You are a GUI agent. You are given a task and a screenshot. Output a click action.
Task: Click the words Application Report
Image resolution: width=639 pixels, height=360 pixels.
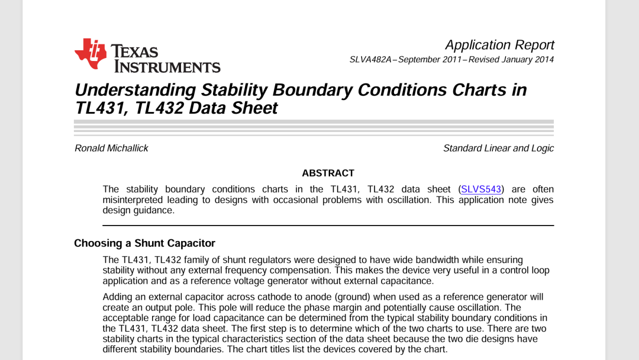(499, 45)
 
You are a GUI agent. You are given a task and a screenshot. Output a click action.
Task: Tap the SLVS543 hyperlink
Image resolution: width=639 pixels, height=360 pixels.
(481, 189)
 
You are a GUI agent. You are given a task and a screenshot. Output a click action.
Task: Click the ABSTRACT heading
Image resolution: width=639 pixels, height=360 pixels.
(328, 173)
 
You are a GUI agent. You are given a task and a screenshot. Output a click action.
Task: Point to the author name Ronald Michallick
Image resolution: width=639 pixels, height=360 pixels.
(111, 148)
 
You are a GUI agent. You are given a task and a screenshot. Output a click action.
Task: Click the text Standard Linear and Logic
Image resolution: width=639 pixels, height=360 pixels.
(498, 148)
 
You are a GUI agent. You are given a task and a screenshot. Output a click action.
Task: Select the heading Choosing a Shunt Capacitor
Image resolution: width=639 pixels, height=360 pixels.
(144, 243)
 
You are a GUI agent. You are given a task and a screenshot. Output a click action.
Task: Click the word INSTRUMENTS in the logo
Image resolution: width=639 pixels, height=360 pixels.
(167, 66)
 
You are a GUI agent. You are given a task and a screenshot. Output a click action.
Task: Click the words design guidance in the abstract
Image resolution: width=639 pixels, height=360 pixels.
(138, 210)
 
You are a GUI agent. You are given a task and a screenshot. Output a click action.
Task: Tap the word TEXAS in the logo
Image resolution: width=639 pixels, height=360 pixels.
(135, 51)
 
